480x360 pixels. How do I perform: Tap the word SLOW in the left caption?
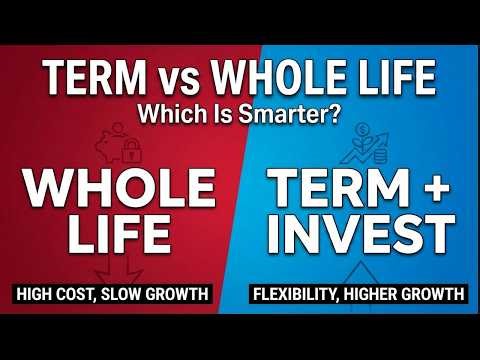pyautogui.click(x=139, y=295)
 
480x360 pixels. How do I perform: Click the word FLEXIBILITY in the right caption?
pyautogui.click(x=302, y=295)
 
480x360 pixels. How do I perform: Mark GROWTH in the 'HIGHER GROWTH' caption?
pyautogui.click(x=437, y=295)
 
